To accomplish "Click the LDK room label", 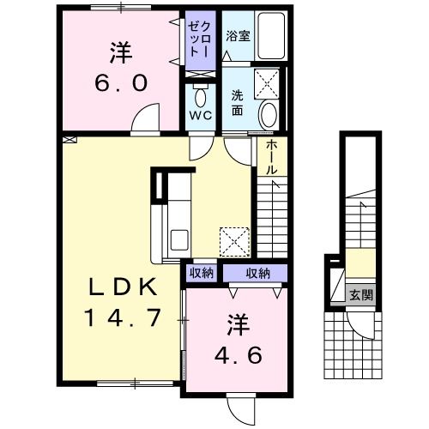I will pos(120,286).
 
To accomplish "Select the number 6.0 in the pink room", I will pos(121,83).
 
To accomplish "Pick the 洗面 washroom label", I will pos(238,104).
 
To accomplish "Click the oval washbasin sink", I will pos(269,113).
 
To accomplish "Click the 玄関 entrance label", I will pos(361,295).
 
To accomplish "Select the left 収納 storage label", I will pos(201,274).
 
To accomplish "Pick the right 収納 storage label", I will pos(257,274).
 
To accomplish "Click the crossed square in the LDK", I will pos(234,240).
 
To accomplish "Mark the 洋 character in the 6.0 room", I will pos(120,51).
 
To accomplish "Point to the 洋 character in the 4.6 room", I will pos(238,323).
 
